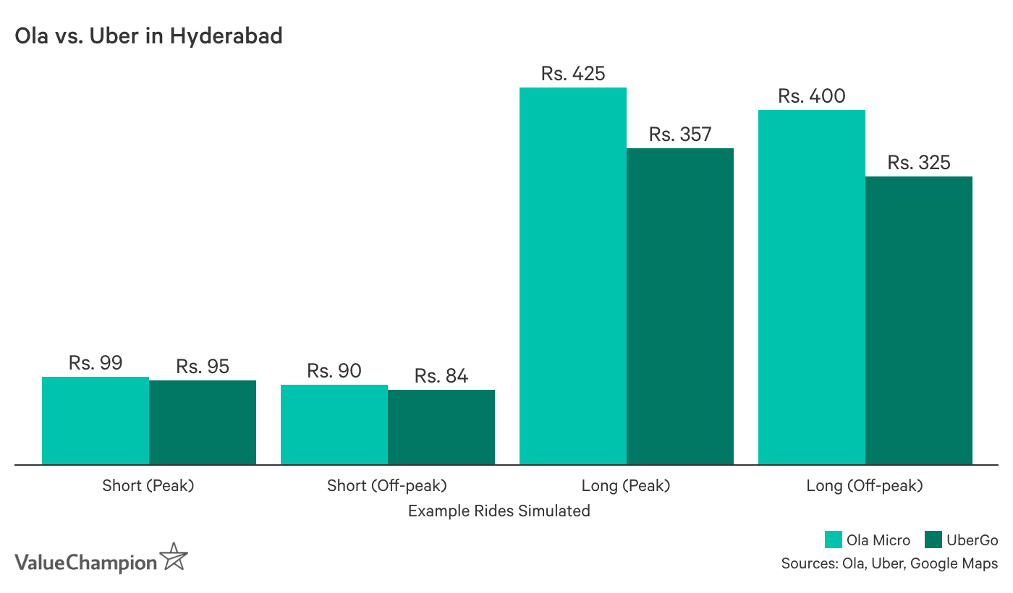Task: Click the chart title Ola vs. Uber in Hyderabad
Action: [148, 36]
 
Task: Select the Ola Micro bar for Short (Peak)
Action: [96, 420]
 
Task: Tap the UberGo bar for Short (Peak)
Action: [203, 422]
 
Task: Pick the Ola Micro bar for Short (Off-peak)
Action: [334, 425]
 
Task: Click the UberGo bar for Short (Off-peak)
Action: [441, 427]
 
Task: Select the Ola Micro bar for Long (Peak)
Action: [573, 276]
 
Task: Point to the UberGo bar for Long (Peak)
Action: [680, 306]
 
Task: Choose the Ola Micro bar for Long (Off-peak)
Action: [812, 287]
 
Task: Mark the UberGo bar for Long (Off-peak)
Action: [919, 320]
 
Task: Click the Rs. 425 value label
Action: [573, 74]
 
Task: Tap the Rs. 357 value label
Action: [680, 135]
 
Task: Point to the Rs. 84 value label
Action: [441, 376]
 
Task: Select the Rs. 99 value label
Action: [96, 363]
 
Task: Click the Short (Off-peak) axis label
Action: [387, 485]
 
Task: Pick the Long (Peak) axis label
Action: [626, 485]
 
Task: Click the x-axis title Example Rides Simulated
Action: [499, 511]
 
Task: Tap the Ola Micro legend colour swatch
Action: [834, 540]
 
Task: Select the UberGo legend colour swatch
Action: [933, 540]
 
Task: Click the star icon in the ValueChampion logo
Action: [174, 557]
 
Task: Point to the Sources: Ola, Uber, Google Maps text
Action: [889, 563]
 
